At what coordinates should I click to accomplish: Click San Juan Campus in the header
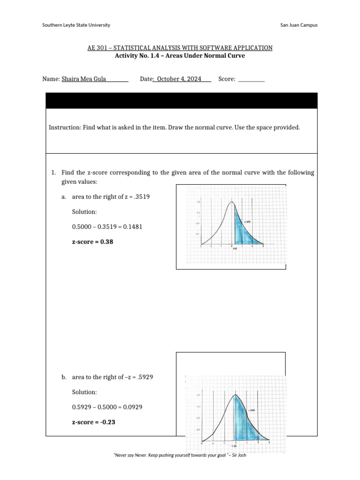click(x=298, y=25)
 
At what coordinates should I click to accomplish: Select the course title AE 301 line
click(x=180, y=48)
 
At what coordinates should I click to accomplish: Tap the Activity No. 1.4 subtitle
click(x=180, y=56)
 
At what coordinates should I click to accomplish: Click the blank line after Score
click(x=252, y=79)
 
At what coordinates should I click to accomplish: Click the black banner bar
click(x=181, y=100)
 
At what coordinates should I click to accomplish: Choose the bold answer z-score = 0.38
click(x=92, y=242)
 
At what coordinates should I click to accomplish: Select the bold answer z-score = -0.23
click(x=94, y=422)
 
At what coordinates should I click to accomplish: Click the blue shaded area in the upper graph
click(x=241, y=232)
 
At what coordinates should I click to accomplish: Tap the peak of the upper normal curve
click(x=231, y=202)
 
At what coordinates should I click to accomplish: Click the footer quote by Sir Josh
click(x=180, y=456)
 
